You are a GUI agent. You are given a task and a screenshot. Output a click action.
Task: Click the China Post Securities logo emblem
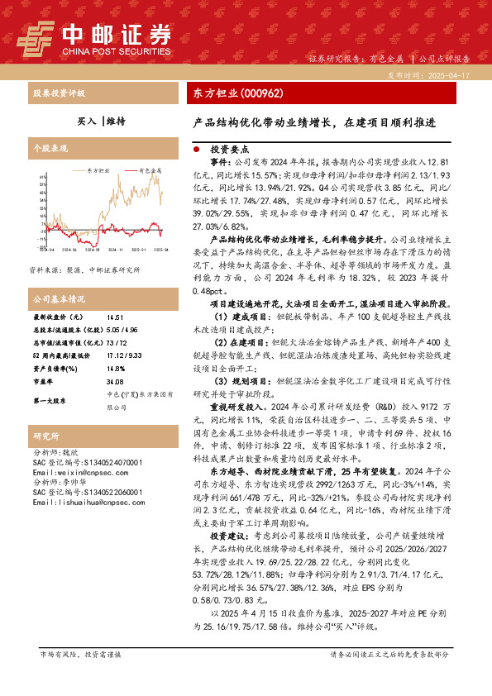coord(36,35)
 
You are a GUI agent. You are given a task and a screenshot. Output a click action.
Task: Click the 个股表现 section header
coord(46,149)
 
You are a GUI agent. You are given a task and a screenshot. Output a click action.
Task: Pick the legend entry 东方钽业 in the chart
coord(97,170)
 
